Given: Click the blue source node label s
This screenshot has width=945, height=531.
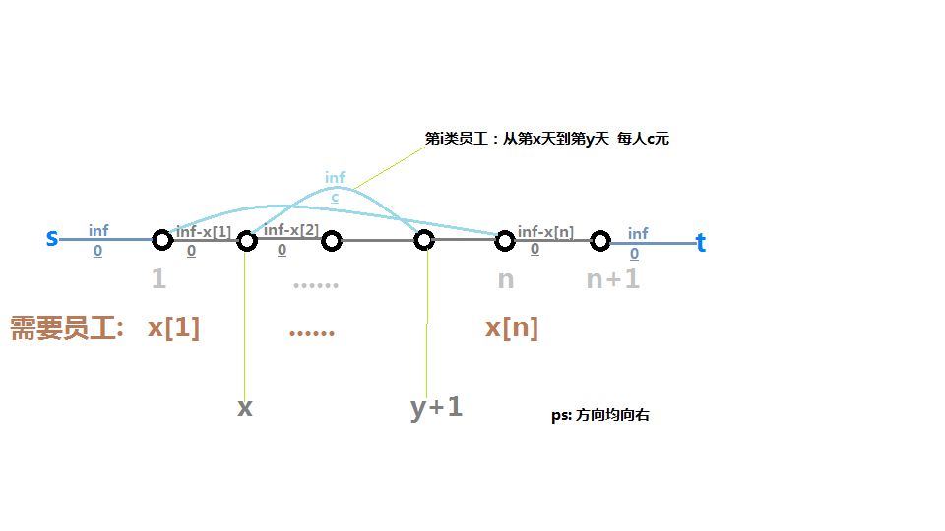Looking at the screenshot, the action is (x=51, y=238).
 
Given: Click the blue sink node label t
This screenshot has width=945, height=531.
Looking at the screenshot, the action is (x=701, y=244).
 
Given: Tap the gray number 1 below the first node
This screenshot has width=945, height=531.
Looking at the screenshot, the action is (x=158, y=279).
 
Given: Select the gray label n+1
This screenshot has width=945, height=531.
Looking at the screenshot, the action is (x=612, y=279).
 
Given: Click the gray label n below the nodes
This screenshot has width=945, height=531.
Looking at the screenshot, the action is (x=505, y=279).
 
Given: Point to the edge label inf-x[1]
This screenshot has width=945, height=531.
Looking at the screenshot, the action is (x=204, y=232).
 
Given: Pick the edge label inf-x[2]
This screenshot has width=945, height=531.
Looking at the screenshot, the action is (x=291, y=230).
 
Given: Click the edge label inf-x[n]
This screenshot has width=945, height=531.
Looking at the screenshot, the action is (x=545, y=232).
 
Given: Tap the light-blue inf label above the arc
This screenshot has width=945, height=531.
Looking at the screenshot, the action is (x=335, y=178).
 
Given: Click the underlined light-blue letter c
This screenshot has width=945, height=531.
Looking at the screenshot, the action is (x=335, y=197).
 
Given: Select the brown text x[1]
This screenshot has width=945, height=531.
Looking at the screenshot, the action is (x=173, y=327).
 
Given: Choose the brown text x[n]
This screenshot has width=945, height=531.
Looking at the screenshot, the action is (x=511, y=327).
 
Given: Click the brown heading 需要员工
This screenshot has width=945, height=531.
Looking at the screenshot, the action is (x=66, y=328).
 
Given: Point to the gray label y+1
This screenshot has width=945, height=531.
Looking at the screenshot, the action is (x=436, y=407).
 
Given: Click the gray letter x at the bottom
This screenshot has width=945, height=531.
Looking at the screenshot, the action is (x=244, y=407).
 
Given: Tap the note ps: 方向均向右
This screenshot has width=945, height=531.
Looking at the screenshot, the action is (x=599, y=416).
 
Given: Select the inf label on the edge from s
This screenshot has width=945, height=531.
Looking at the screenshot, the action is (x=98, y=231).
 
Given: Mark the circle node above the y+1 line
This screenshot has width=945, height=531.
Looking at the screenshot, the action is (x=424, y=240).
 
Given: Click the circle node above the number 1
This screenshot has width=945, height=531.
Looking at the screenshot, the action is (x=162, y=240).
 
